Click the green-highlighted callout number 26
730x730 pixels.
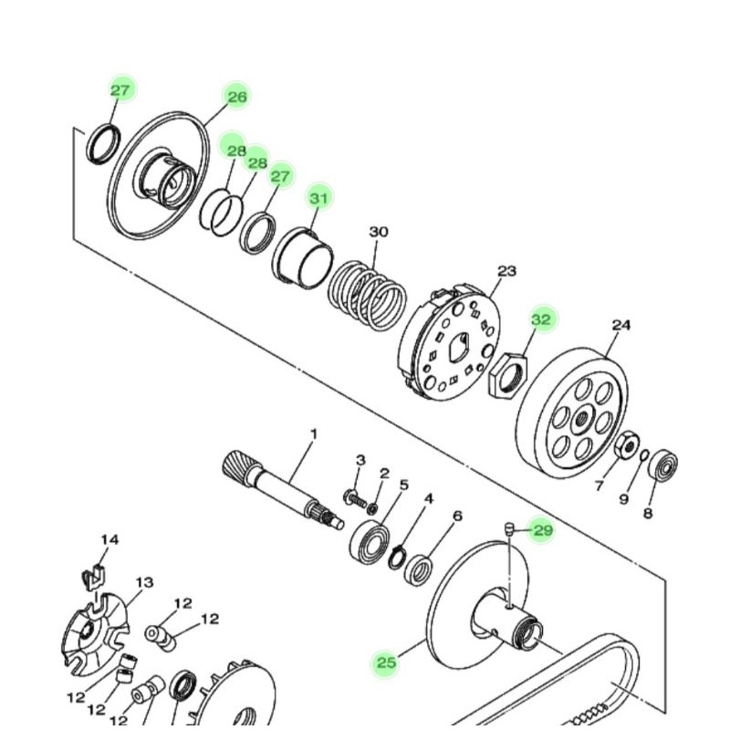pos(236,97)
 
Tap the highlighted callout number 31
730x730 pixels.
pos(318,198)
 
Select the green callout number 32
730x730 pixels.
pos(541,320)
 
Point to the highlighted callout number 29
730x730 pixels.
pos(543,530)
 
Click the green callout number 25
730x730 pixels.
pos(386,662)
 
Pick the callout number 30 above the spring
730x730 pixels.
pos(379,232)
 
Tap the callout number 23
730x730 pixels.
pos(507,270)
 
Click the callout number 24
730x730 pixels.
pos(621,325)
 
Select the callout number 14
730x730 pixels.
pos(109,539)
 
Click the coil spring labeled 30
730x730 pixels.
pos(368,296)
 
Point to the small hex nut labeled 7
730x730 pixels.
pos(627,444)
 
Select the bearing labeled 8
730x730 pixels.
pos(664,465)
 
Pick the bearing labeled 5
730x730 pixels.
pos(370,542)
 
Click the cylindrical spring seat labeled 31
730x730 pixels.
pos(303,258)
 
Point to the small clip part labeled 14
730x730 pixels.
pos(94,578)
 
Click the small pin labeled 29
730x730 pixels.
pos(510,530)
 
